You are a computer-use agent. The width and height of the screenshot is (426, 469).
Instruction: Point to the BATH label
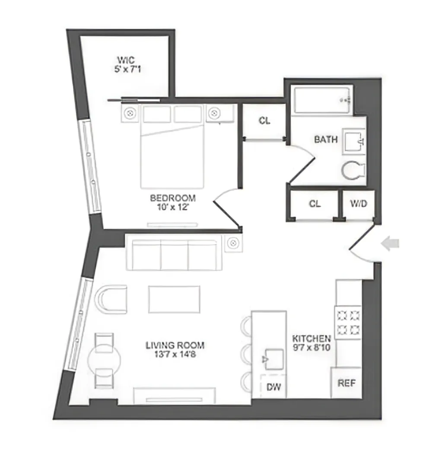pyautogui.click(x=326, y=140)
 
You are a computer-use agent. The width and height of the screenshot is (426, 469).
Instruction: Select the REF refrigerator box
pyautogui.click(x=347, y=383)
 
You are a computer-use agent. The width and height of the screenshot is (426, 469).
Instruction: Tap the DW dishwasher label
pyautogui.click(x=274, y=387)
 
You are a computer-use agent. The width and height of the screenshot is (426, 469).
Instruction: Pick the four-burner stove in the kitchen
pyautogui.click(x=348, y=322)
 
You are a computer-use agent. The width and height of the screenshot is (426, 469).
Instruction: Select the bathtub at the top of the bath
pyautogui.click(x=322, y=100)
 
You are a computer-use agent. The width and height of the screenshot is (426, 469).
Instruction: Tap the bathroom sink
pyautogui.click(x=354, y=141)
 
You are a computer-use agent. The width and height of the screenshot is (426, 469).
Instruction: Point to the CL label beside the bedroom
pyautogui.click(x=264, y=121)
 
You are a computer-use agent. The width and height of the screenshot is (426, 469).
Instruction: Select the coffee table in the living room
pyautogui.click(x=175, y=299)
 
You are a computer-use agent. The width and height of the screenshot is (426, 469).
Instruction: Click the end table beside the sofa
pyautogui.click(x=233, y=243)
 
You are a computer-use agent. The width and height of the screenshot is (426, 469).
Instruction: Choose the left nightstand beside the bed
pyautogui.click(x=129, y=113)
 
